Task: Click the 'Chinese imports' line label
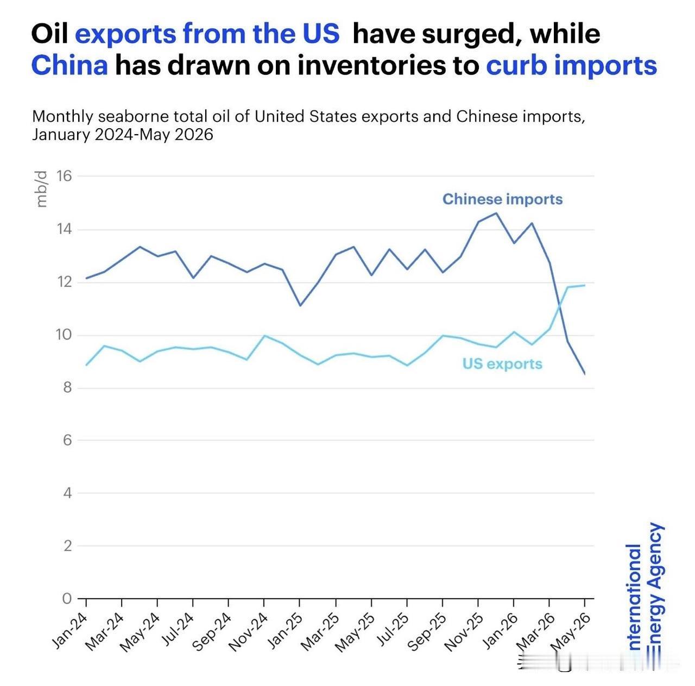tap(502, 199)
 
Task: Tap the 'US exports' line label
tap(502, 364)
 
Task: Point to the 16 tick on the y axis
tap(64, 176)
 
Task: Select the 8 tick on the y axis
tap(67, 388)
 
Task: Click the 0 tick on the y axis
tap(67, 599)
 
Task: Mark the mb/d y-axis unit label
tap(42, 190)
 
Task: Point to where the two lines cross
tap(559, 308)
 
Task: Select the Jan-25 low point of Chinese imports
tap(300, 305)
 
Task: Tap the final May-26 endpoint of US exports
tap(584, 286)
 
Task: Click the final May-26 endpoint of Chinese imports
tap(584, 374)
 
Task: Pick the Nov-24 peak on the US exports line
tap(264, 336)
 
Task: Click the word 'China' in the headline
tap(69, 65)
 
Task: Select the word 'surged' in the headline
tap(471, 35)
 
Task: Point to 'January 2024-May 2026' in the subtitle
tap(123, 135)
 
